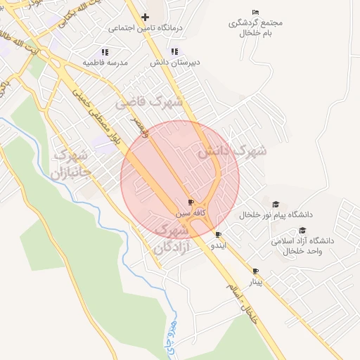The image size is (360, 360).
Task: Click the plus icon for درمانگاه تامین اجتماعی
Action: click(x=145, y=17)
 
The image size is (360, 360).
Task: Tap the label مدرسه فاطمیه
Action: click(x=105, y=63)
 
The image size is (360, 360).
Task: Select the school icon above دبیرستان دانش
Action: click(x=174, y=51)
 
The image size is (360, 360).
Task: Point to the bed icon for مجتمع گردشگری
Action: click(x=255, y=13)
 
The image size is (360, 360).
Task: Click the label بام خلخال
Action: click(x=255, y=33)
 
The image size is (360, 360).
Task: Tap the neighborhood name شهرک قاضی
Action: click(x=149, y=103)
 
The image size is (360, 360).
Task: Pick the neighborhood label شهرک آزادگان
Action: click(x=171, y=239)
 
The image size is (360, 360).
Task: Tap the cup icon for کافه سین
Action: click(x=191, y=202)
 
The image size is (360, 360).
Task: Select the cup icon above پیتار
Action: click(x=255, y=271)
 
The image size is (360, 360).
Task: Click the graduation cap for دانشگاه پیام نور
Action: click(x=276, y=204)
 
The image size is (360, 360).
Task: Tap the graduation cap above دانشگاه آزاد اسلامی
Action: click(x=302, y=230)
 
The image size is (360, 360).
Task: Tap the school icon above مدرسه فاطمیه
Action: click(x=105, y=52)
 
